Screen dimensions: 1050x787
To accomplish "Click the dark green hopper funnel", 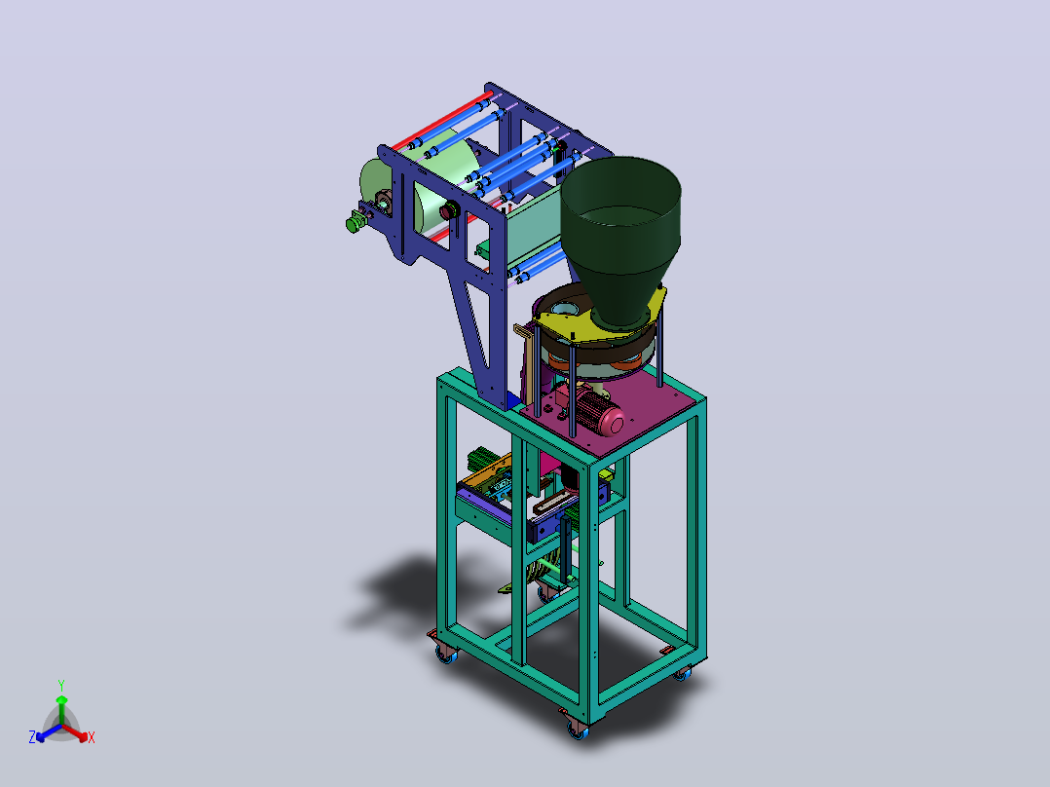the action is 619,235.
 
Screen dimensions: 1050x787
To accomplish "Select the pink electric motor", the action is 598,411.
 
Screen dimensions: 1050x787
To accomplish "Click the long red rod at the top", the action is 442,122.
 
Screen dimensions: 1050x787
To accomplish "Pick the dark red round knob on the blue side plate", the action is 448,210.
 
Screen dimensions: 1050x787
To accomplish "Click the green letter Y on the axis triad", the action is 61,685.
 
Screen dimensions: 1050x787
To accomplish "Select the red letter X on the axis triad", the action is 92,737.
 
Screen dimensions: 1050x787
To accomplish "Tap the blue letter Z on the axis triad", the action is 32,737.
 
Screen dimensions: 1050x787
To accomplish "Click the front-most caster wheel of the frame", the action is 578,731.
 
